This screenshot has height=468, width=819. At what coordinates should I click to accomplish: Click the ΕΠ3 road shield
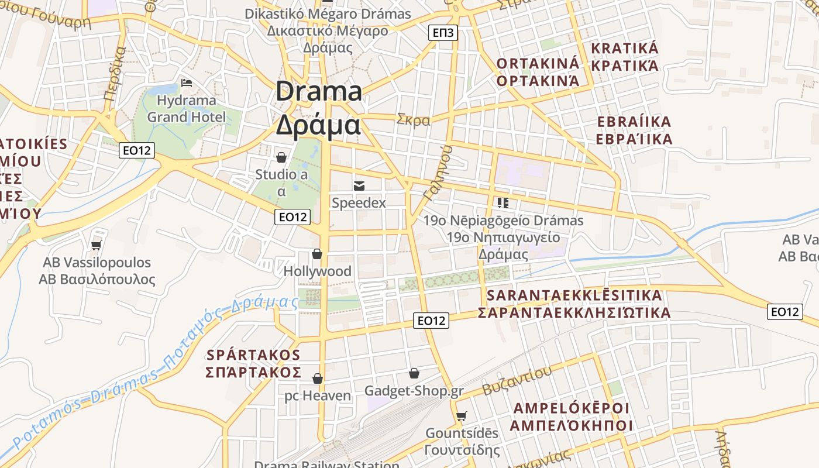point(443,33)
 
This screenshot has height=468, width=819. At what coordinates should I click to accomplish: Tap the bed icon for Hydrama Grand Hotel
point(187,82)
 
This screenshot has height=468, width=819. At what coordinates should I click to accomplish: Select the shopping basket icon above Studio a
point(281,157)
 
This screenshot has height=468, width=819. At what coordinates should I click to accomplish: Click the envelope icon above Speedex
point(359,186)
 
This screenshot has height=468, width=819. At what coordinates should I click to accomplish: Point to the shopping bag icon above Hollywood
point(317,254)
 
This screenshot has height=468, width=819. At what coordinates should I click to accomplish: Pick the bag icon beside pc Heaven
point(318,378)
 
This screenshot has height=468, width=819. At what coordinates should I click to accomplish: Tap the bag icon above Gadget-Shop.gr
point(414,373)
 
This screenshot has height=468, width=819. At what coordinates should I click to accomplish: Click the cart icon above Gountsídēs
point(462,416)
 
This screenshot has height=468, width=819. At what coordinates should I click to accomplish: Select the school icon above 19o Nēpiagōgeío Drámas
point(503,203)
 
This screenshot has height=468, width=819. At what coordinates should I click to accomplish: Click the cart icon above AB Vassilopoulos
point(97,245)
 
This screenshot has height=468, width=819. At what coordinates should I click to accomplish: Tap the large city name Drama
point(319,92)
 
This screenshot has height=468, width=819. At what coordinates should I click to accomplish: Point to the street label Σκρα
point(413,120)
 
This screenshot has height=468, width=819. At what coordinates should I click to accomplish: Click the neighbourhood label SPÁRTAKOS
point(254,355)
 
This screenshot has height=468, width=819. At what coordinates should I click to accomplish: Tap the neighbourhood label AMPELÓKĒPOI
point(571,408)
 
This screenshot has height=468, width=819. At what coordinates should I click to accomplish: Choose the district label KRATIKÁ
point(625,49)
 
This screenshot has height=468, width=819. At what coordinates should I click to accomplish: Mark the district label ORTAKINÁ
point(538,63)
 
